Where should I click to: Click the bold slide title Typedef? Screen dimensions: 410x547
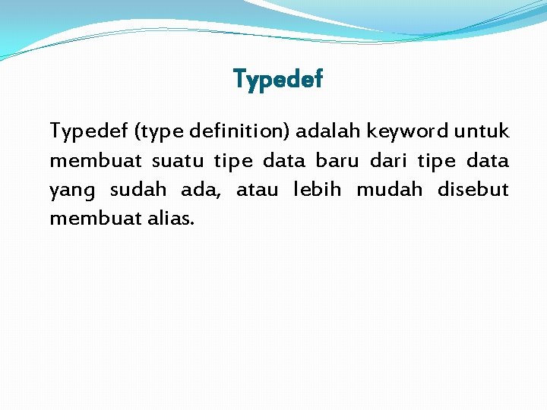coord(278,78)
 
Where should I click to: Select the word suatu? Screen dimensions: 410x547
coord(174,161)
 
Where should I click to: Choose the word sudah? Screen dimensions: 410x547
coord(138,190)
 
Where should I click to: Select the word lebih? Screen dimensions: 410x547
coord(317,190)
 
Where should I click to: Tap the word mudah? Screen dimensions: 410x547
coord(389,190)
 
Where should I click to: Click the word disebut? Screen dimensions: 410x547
coord(473,190)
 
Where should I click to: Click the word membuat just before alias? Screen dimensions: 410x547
coord(93,219)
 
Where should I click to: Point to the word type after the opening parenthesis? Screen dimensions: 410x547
coord(157,133)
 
